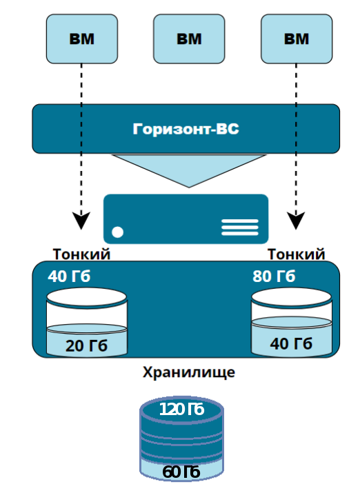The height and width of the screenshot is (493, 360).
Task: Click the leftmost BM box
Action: tap(82, 39)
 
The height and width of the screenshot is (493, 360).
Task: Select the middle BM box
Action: tap(189, 39)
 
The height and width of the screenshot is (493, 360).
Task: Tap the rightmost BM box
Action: tap(297, 39)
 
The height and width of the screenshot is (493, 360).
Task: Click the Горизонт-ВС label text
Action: tap(186, 129)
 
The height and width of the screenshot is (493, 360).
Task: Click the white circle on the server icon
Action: tap(118, 232)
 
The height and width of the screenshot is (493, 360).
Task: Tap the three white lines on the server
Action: tap(240, 227)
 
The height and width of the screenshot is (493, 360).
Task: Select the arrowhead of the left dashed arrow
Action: tap(81, 221)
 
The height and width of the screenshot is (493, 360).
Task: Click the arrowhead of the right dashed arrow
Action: tap(296, 221)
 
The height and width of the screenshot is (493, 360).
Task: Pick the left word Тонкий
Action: tap(82, 254)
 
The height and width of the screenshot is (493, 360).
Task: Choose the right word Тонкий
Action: tap(296, 254)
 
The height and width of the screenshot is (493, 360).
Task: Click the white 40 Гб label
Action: tap(69, 276)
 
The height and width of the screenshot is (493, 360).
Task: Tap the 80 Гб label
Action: tap(274, 276)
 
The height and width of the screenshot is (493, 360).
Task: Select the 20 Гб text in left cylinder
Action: tap(86, 346)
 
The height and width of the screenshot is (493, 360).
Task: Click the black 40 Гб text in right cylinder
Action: tap(291, 343)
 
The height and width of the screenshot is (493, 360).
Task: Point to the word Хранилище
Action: tap(189, 372)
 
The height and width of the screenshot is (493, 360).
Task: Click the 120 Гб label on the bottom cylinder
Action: tap(182, 410)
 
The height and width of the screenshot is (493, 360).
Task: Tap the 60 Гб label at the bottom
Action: tap(181, 472)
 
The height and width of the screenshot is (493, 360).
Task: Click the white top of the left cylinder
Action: tap(87, 297)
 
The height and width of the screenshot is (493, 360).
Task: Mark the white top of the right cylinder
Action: tap(292, 297)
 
